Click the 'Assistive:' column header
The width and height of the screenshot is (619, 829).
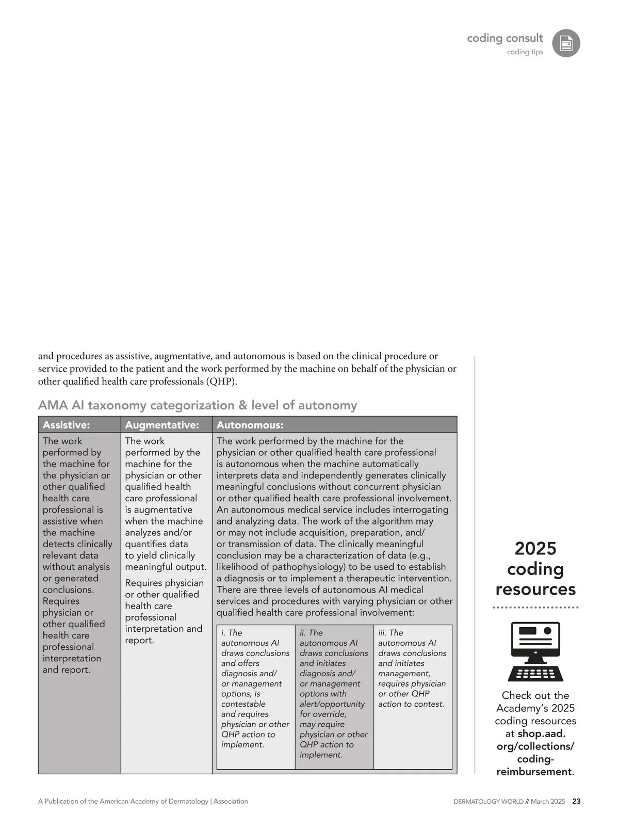tap(66, 425)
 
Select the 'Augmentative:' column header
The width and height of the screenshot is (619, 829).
tap(162, 425)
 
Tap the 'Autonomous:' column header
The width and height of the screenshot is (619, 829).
tap(250, 425)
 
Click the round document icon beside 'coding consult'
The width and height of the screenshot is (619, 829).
tap(566, 43)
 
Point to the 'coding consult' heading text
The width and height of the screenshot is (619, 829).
tap(504, 38)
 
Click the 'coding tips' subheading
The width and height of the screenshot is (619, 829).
tap(525, 52)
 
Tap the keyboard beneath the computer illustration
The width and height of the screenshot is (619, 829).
tap(535, 674)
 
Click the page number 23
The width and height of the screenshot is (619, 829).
tap(576, 802)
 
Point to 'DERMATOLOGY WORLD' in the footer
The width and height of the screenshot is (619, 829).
tap(488, 802)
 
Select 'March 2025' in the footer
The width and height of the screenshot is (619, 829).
tap(548, 802)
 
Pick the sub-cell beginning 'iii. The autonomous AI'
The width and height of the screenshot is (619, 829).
tap(412, 668)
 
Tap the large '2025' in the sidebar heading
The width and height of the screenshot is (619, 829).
tap(535, 548)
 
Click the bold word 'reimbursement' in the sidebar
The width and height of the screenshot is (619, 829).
tap(534, 772)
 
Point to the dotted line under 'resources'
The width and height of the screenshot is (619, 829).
tap(535, 608)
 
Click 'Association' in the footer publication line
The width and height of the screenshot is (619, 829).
tap(231, 802)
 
